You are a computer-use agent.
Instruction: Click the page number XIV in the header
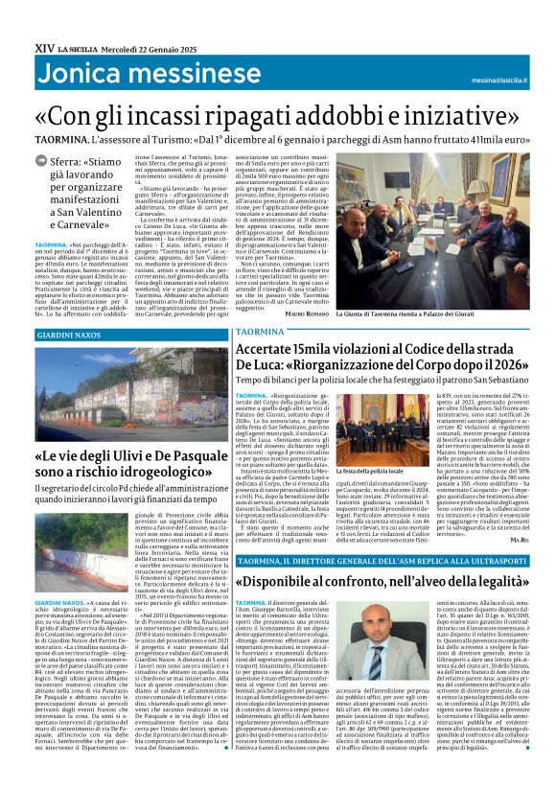(x=43, y=46)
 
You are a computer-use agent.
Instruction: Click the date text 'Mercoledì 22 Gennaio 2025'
(x=134, y=46)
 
